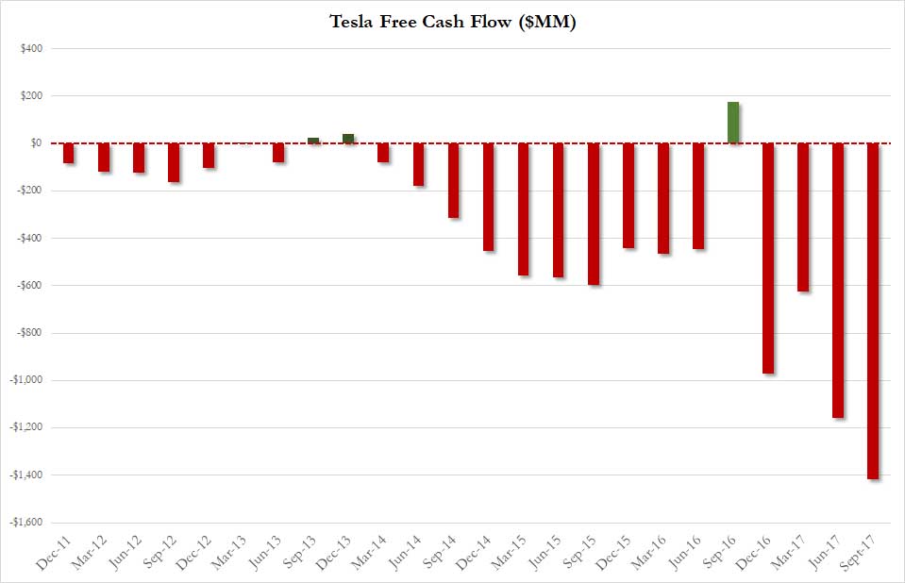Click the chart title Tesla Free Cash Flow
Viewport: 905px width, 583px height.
click(x=452, y=22)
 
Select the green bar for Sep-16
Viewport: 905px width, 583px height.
click(x=733, y=123)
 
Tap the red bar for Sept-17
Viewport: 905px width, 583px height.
click(x=873, y=311)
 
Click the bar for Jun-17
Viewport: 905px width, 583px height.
click(x=838, y=280)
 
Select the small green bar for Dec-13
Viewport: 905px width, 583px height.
click(x=348, y=139)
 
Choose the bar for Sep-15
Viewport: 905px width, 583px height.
click(x=594, y=213)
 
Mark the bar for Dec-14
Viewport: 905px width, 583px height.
click(x=489, y=196)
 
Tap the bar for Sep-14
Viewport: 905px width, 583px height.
click(x=454, y=180)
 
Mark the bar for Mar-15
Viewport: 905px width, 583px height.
click(x=524, y=208)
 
